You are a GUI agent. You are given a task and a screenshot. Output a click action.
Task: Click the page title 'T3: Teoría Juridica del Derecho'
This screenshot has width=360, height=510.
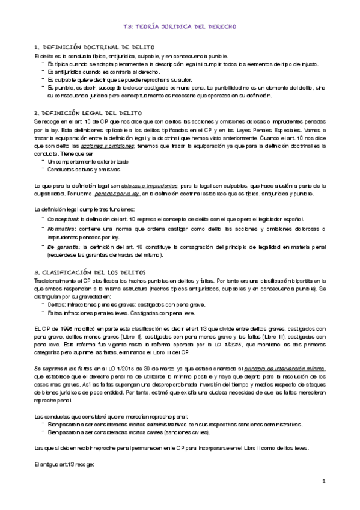click(180, 27)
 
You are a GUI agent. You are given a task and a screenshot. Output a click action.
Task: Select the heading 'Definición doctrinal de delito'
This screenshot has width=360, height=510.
click(94, 47)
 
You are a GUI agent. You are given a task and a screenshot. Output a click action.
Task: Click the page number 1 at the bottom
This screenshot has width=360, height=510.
click(323, 481)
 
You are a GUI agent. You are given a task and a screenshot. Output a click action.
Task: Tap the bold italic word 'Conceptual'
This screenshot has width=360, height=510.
click(63, 220)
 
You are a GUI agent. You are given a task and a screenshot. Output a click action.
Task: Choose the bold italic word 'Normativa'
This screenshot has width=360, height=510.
click(63, 230)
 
